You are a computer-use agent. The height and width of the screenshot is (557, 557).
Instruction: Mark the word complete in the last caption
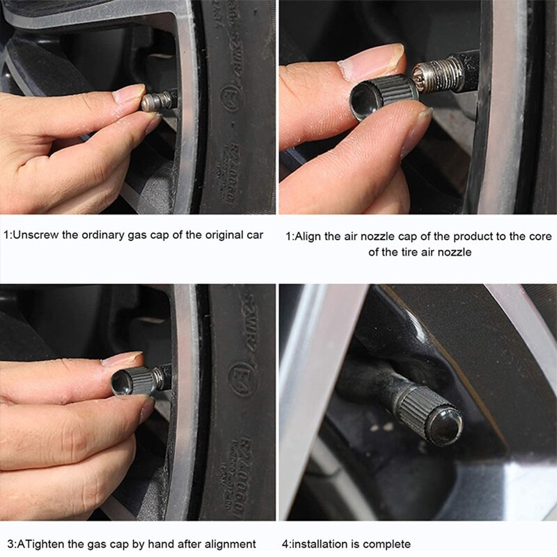pyautogui.click(x=390, y=544)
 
